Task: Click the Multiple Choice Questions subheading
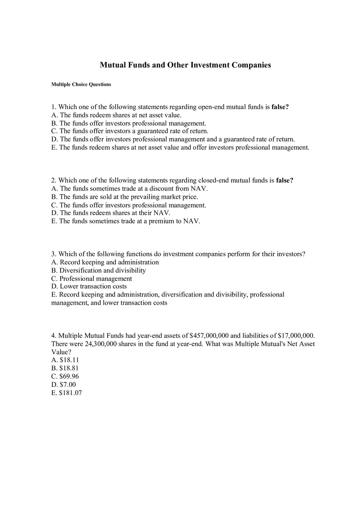81,85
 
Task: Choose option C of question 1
130,131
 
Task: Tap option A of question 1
116,115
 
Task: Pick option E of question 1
180,148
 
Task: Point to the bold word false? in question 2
285,180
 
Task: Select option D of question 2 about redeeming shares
110,213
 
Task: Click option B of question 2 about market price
124,197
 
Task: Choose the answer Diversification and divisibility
98,270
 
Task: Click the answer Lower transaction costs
89,286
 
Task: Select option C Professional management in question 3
91,279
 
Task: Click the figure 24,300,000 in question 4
101,344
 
